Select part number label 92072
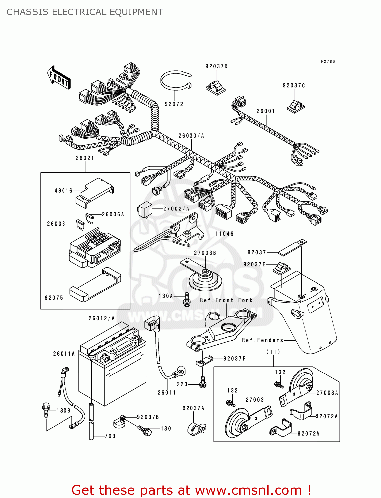tap(174, 104)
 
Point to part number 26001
tap(266, 111)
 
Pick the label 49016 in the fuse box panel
tap(63, 191)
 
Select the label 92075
tap(54, 298)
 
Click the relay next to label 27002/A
tap(145, 209)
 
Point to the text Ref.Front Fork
tap(226, 300)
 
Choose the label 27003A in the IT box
tap(327, 393)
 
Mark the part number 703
tap(110, 436)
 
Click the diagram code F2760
tap(328, 62)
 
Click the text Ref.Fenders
tap(263, 340)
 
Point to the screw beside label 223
tap(203, 383)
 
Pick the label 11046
tap(224, 234)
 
